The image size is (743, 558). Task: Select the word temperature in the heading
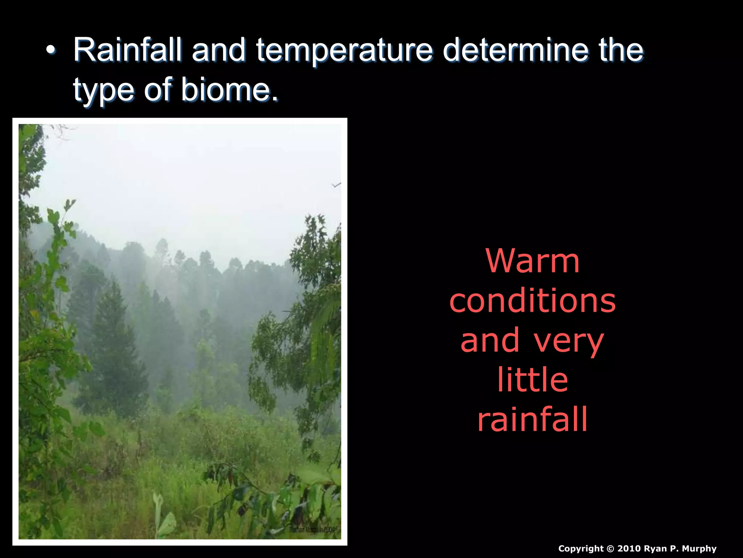click(344, 51)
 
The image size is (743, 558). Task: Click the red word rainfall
click(532, 420)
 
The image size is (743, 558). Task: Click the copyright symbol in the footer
click(611, 549)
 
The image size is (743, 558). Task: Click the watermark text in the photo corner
click(314, 530)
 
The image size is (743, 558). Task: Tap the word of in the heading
click(157, 90)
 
